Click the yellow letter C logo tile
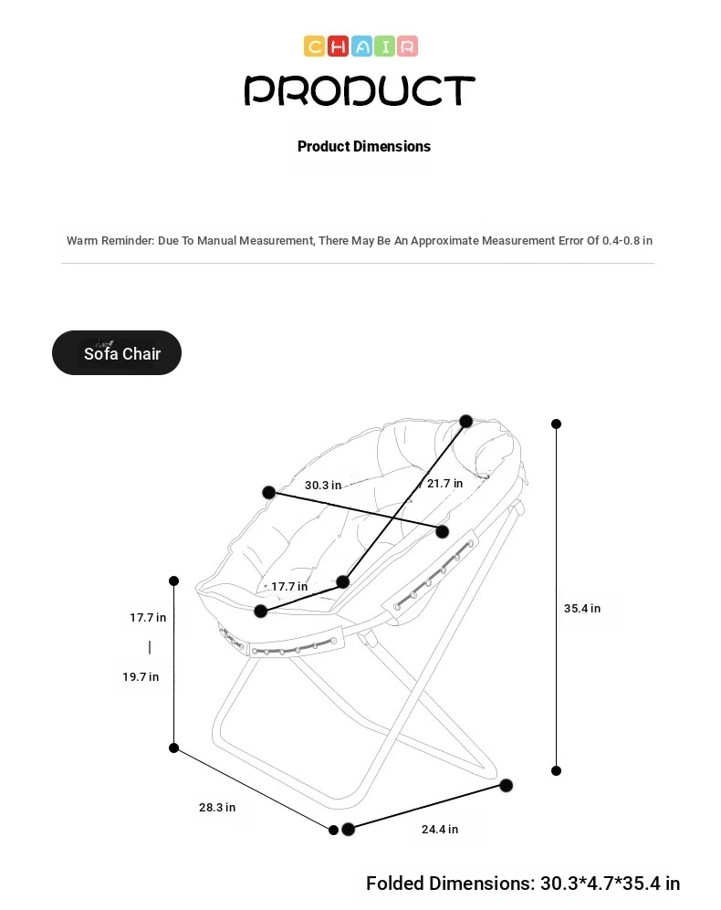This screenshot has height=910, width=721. tap(314, 46)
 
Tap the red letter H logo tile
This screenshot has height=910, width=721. tap(338, 46)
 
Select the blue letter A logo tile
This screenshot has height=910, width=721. tap(361, 46)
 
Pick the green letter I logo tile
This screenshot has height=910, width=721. tap(384, 46)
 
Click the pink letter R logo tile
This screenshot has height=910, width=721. tap(407, 46)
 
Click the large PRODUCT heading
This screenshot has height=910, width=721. tap(360, 90)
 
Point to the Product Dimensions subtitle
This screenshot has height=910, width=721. tap(364, 146)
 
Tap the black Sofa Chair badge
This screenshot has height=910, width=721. tap(117, 353)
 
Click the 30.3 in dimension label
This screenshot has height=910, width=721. tap(323, 486)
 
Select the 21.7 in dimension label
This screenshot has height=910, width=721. tap(444, 484)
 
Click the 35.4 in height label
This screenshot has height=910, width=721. tap(582, 608)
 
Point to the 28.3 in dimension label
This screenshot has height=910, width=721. tap(217, 807)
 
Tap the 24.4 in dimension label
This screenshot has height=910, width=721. tap(440, 830)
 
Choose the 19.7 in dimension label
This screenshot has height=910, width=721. tap(141, 676)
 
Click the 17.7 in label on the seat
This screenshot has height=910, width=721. tap(289, 587)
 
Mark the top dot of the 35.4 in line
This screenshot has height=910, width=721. tap(556, 424)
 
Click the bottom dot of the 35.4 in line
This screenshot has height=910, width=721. tap(556, 770)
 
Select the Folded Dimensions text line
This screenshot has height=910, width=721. tap(523, 884)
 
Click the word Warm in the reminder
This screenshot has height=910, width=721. tap(82, 240)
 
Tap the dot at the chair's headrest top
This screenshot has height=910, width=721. tap(466, 421)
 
